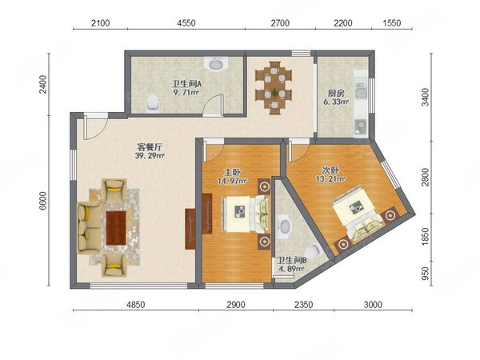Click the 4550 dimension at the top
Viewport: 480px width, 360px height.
[186, 23]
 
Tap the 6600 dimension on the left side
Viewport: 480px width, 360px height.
[43, 201]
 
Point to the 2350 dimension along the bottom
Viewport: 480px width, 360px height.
[304, 305]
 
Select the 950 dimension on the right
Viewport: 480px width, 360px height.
[425, 273]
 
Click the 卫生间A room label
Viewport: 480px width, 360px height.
[186, 83]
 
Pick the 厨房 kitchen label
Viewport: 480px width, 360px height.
[336, 93]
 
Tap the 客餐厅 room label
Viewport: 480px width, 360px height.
[150, 147]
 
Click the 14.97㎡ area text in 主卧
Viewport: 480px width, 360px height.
[232, 181]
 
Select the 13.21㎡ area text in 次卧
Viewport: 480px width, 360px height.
[330, 178]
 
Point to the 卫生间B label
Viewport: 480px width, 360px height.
[292, 261]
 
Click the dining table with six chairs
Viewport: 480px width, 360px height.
[274, 88]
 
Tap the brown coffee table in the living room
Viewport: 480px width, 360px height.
[116, 228]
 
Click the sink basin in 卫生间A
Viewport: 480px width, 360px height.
[217, 65]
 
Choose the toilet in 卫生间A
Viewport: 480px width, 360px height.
[153, 102]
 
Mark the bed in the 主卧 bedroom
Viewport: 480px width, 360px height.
[246, 214]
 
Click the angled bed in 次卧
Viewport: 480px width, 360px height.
[358, 213]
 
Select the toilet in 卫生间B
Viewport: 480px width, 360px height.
[313, 252]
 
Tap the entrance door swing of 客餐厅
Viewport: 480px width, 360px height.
[95, 128]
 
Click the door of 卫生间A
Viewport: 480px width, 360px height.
[214, 106]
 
